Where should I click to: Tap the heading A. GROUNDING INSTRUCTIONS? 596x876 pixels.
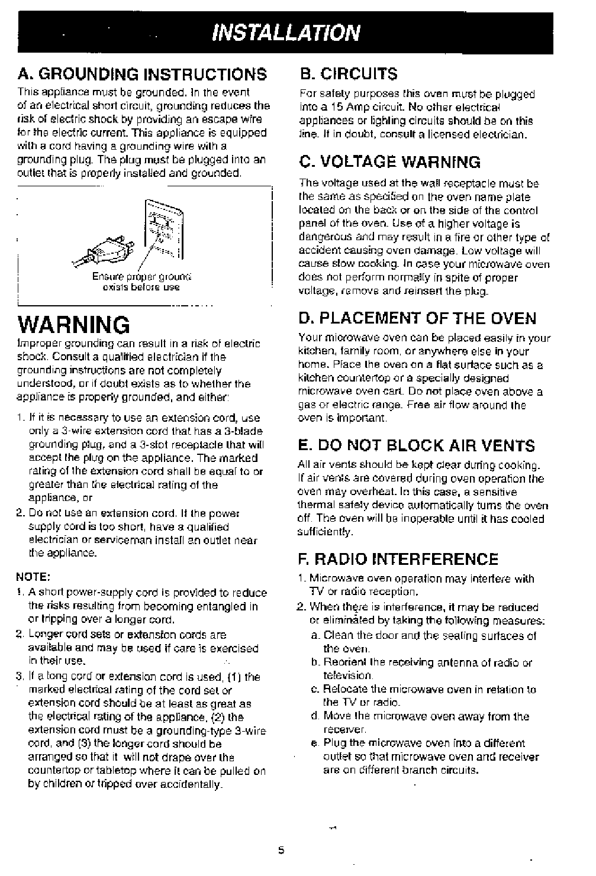(143, 75)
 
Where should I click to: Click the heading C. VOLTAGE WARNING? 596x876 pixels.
(390, 161)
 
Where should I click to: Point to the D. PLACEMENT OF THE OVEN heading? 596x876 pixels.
(418, 318)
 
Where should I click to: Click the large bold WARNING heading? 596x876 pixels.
(74, 325)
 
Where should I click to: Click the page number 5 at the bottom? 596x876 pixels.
(282, 851)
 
